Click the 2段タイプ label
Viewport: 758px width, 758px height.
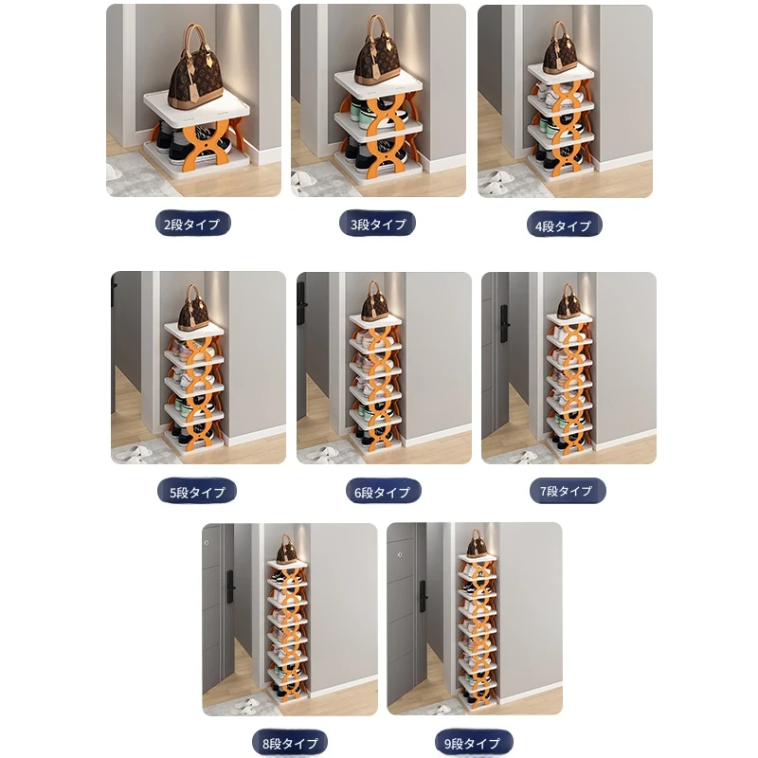192,224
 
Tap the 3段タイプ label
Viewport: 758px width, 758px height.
377,224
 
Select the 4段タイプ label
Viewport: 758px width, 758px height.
564,226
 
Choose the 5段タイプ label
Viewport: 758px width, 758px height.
197,492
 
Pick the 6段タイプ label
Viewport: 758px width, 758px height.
383,492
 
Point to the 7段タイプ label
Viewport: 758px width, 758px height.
567,491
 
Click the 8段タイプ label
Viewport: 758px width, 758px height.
290,743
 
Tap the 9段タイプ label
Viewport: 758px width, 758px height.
473,743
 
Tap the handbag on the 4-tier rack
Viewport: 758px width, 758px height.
560,47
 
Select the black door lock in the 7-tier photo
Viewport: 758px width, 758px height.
504,323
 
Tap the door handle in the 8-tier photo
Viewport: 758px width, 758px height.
230,587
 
